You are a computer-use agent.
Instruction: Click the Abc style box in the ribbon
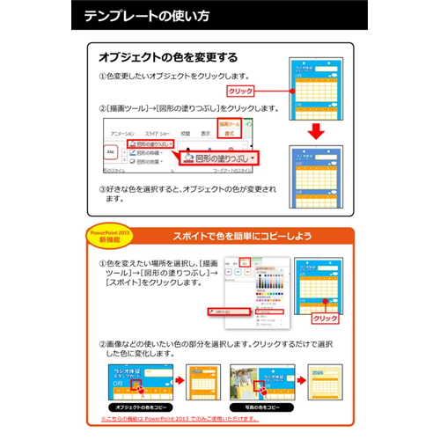point(110,150)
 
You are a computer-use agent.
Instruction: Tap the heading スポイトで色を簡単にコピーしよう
point(243,236)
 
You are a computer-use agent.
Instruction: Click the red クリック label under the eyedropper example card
point(325,318)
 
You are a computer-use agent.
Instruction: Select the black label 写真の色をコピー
point(261,409)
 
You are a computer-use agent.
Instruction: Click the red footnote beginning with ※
point(220,422)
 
